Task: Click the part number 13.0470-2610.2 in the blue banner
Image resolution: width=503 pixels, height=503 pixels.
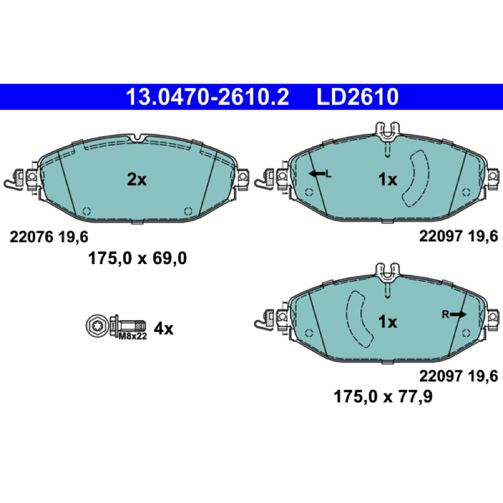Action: pos(207,97)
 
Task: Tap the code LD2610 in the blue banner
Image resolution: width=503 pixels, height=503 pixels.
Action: pos(357,97)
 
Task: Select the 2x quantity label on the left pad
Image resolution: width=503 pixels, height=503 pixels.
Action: pos(136,180)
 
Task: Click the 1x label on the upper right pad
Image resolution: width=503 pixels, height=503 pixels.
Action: pos(388,180)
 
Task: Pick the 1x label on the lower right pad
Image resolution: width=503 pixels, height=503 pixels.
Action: pos(388,321)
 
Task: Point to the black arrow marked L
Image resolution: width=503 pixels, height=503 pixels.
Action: pos(317,174)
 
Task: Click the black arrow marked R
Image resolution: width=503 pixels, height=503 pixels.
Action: pos(458,315)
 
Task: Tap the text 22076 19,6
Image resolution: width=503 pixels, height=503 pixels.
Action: pos(49,237)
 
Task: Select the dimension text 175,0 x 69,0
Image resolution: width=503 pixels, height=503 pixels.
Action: pos(137,258)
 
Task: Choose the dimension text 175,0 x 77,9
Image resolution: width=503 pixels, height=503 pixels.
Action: pos(383,397)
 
